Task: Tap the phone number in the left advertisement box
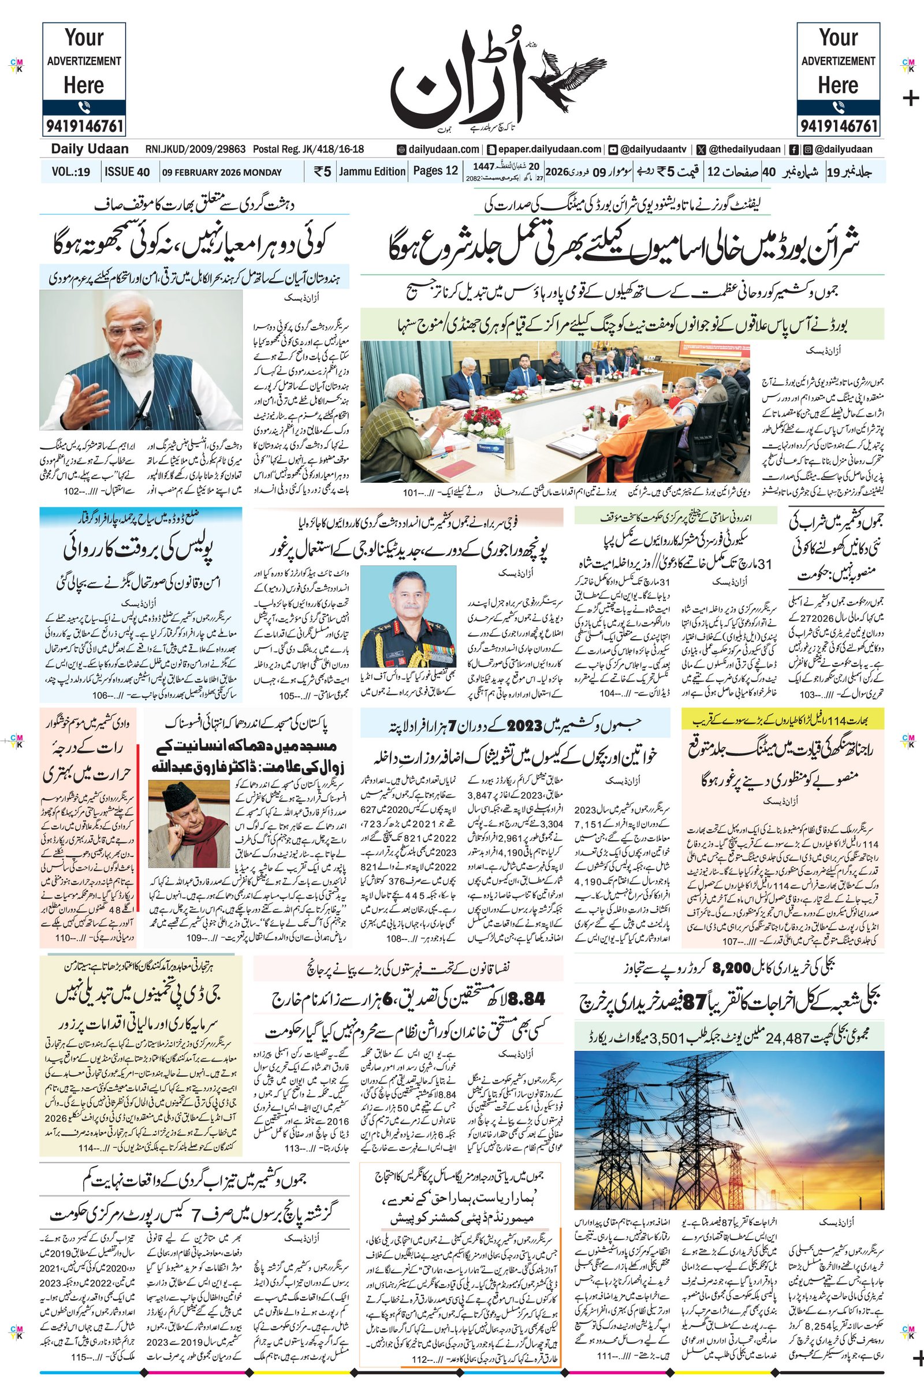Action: click(84, 125)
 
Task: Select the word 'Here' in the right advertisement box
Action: click(837, 85)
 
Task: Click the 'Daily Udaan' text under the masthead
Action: click(90, 149)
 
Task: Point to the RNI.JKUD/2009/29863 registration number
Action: click(196, 150)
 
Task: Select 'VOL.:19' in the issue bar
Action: click(70, 172)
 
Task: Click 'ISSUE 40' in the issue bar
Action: click(126, 172)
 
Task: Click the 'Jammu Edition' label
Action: click(372, 171)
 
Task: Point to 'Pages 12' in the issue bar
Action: click(435, 171)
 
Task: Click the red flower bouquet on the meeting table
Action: click(482, 419)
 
